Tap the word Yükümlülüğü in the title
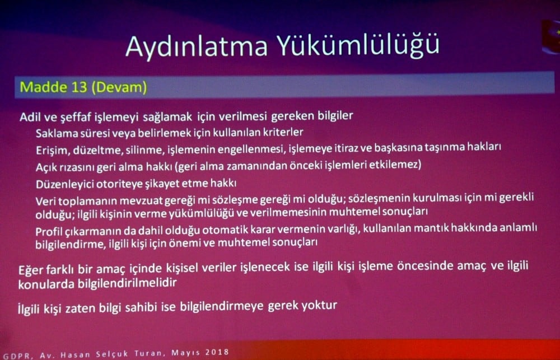coord(358,46)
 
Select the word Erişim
coord(50,149)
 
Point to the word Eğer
coord(31,269)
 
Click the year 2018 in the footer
coord(216,352)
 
